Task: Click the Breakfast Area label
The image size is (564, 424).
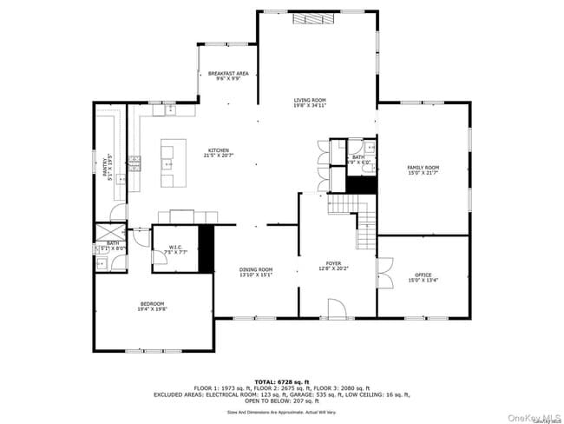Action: pos(228,74)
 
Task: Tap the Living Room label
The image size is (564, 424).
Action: pos(309,101)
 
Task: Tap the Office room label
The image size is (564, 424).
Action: pos(423,275)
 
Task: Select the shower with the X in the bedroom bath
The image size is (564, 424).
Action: pos(110,233)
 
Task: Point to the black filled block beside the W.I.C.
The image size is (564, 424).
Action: pos(206,248)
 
